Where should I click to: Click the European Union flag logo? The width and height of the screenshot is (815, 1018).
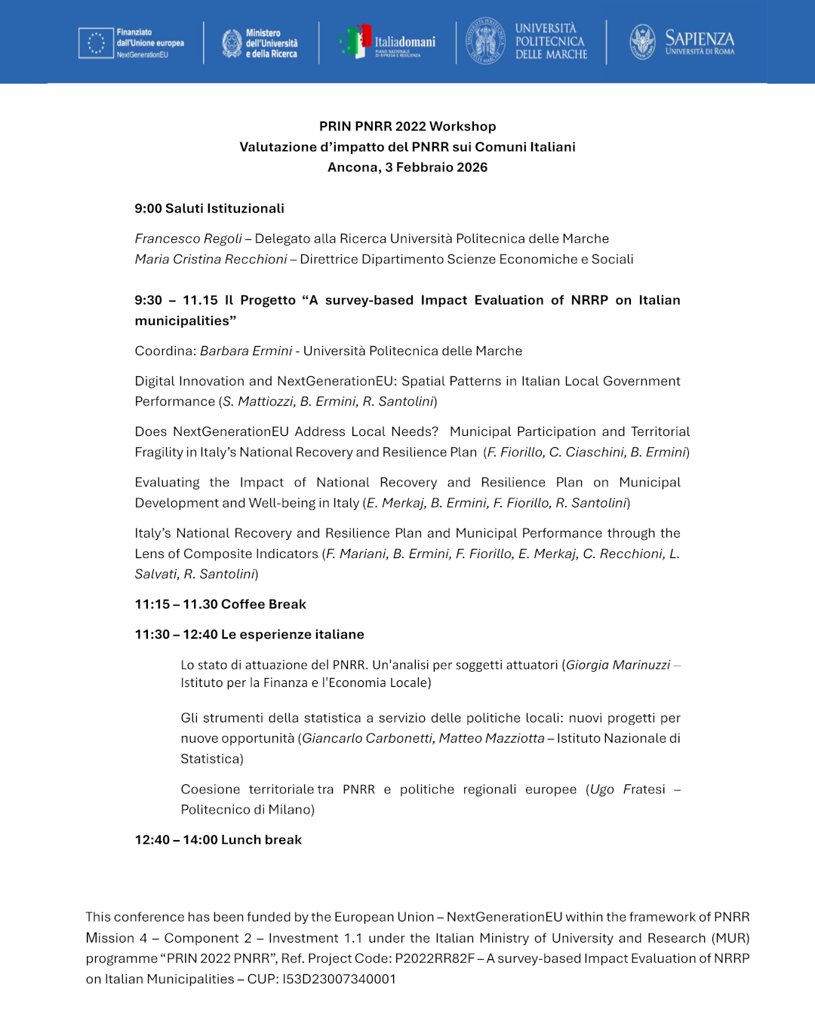pos(96,43)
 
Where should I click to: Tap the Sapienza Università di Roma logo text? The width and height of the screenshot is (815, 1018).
pos(699,42)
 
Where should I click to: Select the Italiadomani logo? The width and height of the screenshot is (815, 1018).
pos(389,42)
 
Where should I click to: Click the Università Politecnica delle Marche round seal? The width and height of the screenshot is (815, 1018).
pos(485,41)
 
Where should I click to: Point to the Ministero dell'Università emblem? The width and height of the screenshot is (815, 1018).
pos(232,43)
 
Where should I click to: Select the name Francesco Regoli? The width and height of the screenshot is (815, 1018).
pos(188,238)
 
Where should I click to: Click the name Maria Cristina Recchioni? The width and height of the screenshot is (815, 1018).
pos(211,259)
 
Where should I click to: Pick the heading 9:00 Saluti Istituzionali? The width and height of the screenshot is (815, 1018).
pos(209,208)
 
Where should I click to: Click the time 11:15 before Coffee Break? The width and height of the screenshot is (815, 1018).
pos(152,604)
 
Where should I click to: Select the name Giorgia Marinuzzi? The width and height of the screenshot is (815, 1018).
pos(618,664)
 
